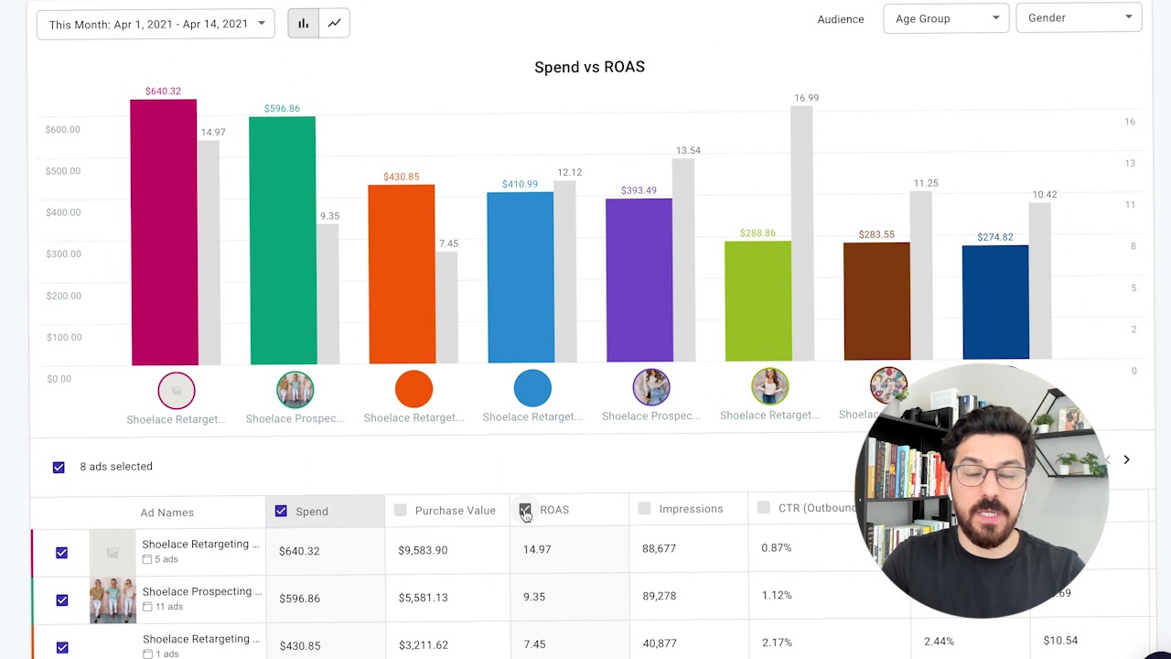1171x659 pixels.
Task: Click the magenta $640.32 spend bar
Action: pyautogui.click(x=164, y=232)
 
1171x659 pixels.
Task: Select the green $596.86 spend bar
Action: pyautogui.click(x=283, y=241)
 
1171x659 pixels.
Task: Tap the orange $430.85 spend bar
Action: pyautogui.click(x=402, y=275)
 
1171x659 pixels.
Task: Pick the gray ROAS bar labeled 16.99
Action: pyautogui.click(x=801, y=233)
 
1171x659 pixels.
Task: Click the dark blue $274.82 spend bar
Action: pyautogui.click(x=995, y=302)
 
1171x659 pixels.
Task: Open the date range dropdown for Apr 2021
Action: pyautogui.click(x=156, y=24)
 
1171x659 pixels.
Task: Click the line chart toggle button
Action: pyautogui.click(x=335, y=23)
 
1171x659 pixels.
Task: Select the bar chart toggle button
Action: pyautogui.click(x=303, y=23)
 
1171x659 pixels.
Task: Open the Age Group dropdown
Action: pyautogui.click(x=946, y=18)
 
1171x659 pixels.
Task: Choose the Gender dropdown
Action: pyautogui.click(x=1079, y=17)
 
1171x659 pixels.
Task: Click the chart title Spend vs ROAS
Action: pyautogui.click(x=589, y=67)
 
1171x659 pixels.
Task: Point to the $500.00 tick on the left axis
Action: pyautogui.click(x=62, y=171)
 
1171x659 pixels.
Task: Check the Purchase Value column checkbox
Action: pyautogui.click(x=400, y=511)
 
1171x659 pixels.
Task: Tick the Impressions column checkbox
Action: pyautogui.click(x=644, y=509)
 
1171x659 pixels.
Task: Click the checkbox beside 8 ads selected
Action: pyautogui.click(x=59, y=467)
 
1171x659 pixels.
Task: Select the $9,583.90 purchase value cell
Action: pyautogui.click(x=423, y=550)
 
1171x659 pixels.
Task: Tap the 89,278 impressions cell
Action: pyautogui.click(x=659, y=596)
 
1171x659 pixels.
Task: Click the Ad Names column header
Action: pyautogui.click(x=167, y=513)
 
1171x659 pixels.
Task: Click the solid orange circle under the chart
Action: pyautogui.click(x=414, y=389)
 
